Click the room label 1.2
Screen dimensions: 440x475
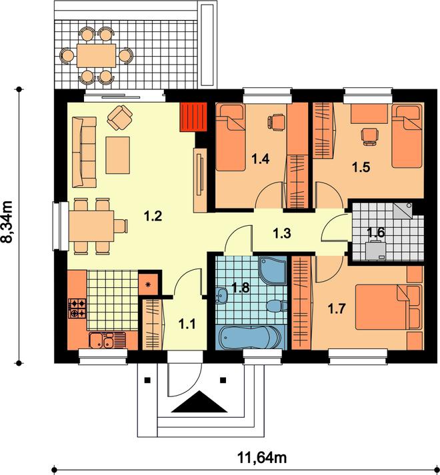tap(153, 217)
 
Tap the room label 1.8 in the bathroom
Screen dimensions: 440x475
tap(241, 288)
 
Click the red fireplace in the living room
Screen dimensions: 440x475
tap(193, 117)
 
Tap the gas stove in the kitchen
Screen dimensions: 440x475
tap(77, 308)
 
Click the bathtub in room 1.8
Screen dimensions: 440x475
tap(250, 337)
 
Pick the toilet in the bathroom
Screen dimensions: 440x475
tap(277, 305)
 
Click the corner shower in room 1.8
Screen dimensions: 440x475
tap(273, 270)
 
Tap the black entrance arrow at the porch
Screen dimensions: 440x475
tap(199, 402)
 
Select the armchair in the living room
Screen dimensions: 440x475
tap(119, 117)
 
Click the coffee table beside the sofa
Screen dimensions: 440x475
tap(117, 155)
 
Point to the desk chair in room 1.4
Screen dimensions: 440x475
tap(276, 122)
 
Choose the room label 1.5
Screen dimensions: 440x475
tap(361, 167)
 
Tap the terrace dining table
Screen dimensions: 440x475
tap(97, 56)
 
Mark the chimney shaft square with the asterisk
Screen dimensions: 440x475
tap(148, 284)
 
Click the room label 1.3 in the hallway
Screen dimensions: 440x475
tap(282, 233)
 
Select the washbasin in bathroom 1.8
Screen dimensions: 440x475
tap(222, 295)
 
